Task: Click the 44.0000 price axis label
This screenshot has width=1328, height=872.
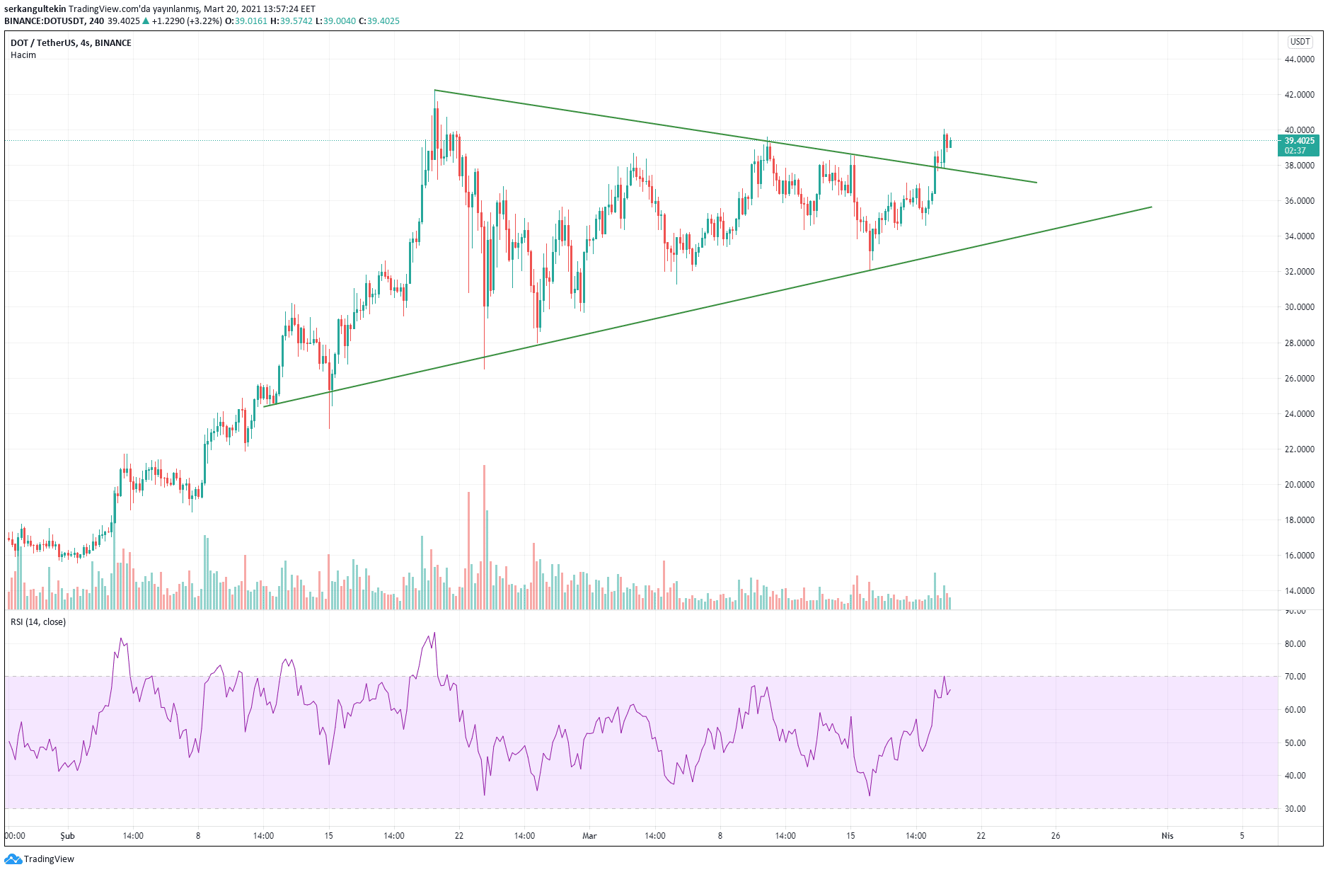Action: coord(1299,59)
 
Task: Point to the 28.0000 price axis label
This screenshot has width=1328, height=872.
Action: coord(1299,343)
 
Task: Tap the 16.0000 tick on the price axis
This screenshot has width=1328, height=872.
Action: coord(1299,556)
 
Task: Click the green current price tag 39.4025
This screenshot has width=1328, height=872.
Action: coord(1299,141)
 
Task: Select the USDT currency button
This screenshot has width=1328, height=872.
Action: coord(1300,42)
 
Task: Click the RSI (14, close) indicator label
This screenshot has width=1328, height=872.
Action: coord(38,622)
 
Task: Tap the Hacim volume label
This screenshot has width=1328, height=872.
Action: coord(23,55)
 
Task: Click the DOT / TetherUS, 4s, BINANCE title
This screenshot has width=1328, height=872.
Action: coord(71,43)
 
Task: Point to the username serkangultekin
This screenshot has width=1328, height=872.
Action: coord(35,9)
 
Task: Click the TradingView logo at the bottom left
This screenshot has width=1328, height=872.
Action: coord(40,859)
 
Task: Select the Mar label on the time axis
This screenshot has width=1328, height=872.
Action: coord(589,836)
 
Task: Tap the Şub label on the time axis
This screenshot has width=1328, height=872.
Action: coord(67,836)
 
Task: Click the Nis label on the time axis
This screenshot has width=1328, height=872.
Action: coord(1167,836)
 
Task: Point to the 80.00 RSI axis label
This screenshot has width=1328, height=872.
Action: coord(1295,644)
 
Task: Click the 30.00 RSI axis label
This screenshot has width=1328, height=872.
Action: coord(1295,809)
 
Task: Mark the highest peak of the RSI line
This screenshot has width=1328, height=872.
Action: coord(434,633)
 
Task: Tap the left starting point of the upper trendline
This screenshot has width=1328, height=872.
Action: coord(434,90)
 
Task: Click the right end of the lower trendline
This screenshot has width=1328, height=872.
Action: coord(1151,207)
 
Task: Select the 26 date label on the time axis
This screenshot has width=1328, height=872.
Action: coord(1056,836)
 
